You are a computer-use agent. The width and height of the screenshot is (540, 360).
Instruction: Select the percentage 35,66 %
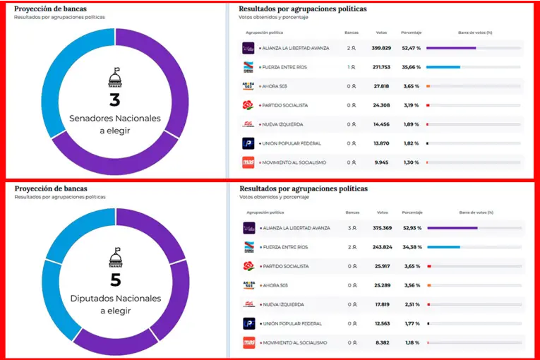pyautogui.click(x=411, y=67)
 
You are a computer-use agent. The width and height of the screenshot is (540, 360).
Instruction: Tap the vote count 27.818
pyautogui.click(x=381, y=86)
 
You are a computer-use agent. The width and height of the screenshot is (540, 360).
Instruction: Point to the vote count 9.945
pyautogui.click(x=381, y=162)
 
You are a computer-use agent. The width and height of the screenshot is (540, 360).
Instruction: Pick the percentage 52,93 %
pyautogui.click(x=411, y=228)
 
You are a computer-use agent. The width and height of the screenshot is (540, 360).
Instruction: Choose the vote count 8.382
pyautogui.click(x=381, y=342)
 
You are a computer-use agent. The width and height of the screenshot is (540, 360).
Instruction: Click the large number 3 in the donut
pyautogui.click(x=114, y=100)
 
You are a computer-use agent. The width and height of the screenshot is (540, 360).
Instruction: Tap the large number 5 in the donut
pyautogui.click(x=115, y=280)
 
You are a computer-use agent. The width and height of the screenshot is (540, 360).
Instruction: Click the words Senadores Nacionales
pyautogui.click(x=115, y=118)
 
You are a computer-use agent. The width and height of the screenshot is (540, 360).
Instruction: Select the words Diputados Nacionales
pyautogui.click(x=115, y=299)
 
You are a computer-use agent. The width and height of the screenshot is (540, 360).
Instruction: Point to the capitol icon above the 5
pyautogui.click(x=115, y=256)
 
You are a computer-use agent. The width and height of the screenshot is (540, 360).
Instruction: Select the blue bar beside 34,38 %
pyautogui.click(x=443, y=247)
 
